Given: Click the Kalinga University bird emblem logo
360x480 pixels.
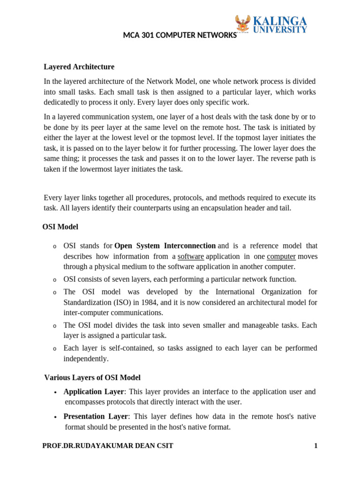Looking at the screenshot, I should [x=243, y=24].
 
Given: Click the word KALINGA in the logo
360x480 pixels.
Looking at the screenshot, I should [x=280, y=21].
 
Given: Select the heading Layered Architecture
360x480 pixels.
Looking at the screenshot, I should [x=79, y=67].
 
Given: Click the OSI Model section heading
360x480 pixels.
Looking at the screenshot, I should [x=60, y=227].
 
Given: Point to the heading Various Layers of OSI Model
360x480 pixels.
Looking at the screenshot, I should [x=92, y=377].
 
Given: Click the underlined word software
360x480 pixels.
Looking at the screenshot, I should [x=191, y=256].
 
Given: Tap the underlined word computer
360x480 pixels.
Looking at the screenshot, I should [x=281, y=256].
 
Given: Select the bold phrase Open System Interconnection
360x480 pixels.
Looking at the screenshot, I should [x=165, y=246].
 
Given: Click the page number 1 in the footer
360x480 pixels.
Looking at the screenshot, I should [x=315, y=446].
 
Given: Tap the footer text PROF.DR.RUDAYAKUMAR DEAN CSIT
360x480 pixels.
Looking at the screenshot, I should [x=107, y=446].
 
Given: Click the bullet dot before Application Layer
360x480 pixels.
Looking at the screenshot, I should [x=56, y=392].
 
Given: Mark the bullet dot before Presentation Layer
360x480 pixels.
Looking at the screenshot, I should [x=56, y=417].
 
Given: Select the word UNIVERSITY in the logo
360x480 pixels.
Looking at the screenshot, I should [x=280, y=30].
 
